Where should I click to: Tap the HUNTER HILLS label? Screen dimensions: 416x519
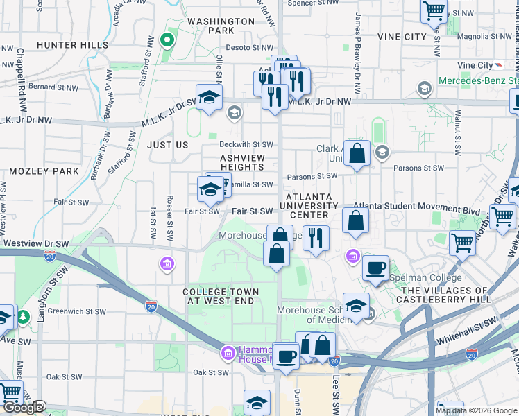point(71,44)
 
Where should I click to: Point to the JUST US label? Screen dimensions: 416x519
point(167,145)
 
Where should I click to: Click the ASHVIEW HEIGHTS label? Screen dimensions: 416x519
point(242,162)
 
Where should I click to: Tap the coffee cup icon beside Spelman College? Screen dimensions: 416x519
point(375,268)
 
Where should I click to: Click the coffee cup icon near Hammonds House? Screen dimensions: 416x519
point(286,356)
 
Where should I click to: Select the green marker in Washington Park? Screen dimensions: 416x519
point(166,40)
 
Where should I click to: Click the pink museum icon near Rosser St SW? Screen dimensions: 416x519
point(167,263)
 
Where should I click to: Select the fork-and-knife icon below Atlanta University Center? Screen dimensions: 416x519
point(316,238)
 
